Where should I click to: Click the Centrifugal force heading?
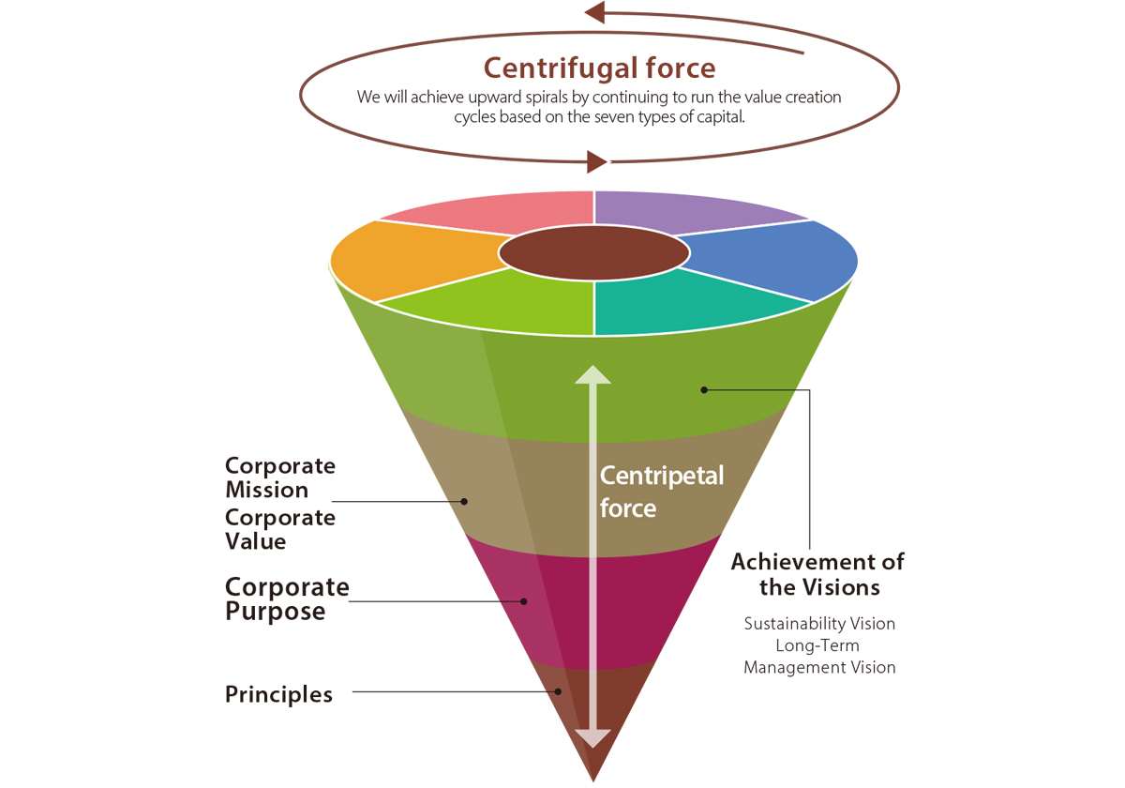[x=599, y=68]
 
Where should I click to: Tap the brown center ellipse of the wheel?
[x=593, y=252]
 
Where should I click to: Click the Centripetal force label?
[x=662, y=492]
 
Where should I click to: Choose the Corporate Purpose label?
[x=287, y=599]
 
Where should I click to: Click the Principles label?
[x=279, y=695]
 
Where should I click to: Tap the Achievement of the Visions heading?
[x=817, y=574]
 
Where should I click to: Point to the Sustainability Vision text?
[x=819, y=624]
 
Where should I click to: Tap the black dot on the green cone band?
[x=704, y=389]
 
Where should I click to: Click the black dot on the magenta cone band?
[x=524, y=601]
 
